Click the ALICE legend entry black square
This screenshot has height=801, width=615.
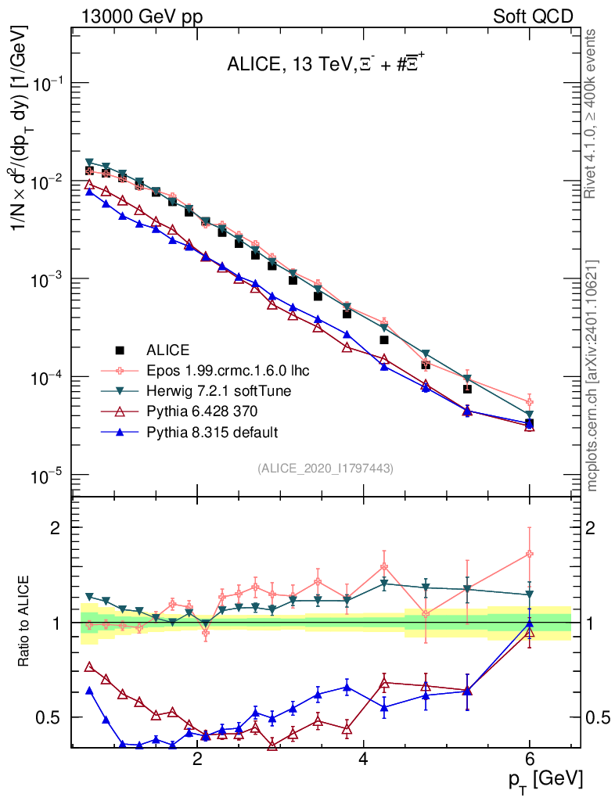tap(120, 350)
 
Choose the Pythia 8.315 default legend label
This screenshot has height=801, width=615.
tap(210, 432)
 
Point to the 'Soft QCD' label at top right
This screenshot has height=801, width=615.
tap(534, 16)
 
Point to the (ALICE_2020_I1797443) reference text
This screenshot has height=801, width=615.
tap(325, 468)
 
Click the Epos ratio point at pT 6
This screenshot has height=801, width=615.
tap(530, 554)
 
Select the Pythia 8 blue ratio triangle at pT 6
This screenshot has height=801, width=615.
tap(530, 623)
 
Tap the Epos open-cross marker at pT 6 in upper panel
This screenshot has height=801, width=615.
tap(530, 402)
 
